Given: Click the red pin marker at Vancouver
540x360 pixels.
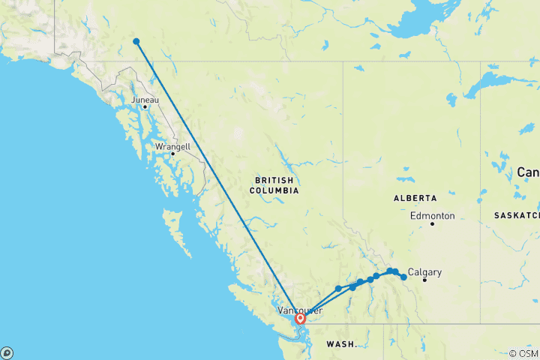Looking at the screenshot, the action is (x=300, y=318).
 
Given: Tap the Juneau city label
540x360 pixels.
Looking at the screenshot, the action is (x=145, y=99).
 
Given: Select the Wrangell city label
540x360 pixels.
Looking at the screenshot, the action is (x=172, y=146).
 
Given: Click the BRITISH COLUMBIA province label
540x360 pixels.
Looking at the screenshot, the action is (x=274, y=185).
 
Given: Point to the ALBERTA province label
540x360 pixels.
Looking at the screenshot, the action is (x=415, y=198).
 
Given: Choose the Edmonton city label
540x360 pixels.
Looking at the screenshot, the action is (x=433, y=216).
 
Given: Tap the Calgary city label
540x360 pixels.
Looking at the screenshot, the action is (x=424, y=272).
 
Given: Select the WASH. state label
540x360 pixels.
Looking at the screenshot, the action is (x=341, y=344).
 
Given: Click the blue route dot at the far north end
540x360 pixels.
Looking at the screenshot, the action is (x=136, y=41).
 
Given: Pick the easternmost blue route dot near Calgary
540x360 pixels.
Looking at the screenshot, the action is (x=403, y=277).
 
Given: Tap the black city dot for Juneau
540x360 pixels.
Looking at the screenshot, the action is (x=145, y=106).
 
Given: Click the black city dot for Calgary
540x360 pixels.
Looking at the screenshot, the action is (x=424, y=280).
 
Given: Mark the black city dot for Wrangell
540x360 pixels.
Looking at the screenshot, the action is (x=172, y=154).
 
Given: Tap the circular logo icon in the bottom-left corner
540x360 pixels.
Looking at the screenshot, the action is (x=7, y=352).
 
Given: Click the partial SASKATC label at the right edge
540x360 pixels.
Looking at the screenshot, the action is (x=516, y=215).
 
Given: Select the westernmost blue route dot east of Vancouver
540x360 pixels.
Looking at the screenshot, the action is (x=338, y=288).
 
